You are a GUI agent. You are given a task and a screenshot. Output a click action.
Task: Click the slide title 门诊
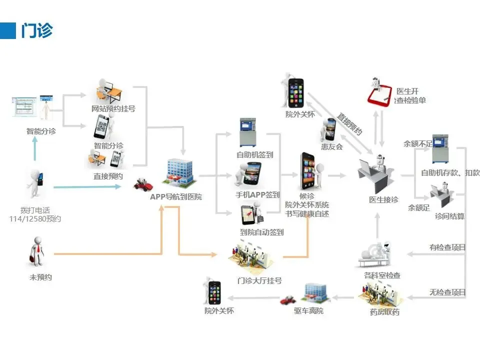coord(36,30)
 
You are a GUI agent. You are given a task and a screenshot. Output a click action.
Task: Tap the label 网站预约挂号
coord(113,108)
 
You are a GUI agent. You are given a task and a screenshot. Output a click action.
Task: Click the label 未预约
coord(40,277)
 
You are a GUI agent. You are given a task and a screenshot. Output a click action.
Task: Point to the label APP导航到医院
coord(176,196)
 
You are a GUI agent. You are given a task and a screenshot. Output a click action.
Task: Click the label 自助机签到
coord(255,155)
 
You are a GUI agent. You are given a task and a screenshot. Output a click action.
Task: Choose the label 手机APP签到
coord(257,194)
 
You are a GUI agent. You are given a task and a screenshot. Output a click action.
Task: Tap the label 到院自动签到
coord(261,232)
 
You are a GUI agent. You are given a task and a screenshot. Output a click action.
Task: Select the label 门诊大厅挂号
coord(259,280)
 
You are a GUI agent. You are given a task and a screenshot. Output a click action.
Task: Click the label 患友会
coord(332,146)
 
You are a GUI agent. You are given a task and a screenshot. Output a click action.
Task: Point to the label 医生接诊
coord(383,199)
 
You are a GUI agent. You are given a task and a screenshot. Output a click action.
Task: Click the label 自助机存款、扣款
coord(450,173)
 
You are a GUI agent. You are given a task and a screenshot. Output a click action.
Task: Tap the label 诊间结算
coord(449,216)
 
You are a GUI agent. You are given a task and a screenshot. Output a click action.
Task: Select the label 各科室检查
coord(382,275)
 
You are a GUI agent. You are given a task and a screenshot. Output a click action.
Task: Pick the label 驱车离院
coord(308,311)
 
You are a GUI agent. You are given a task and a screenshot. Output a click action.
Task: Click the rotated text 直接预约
coord(349,124)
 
